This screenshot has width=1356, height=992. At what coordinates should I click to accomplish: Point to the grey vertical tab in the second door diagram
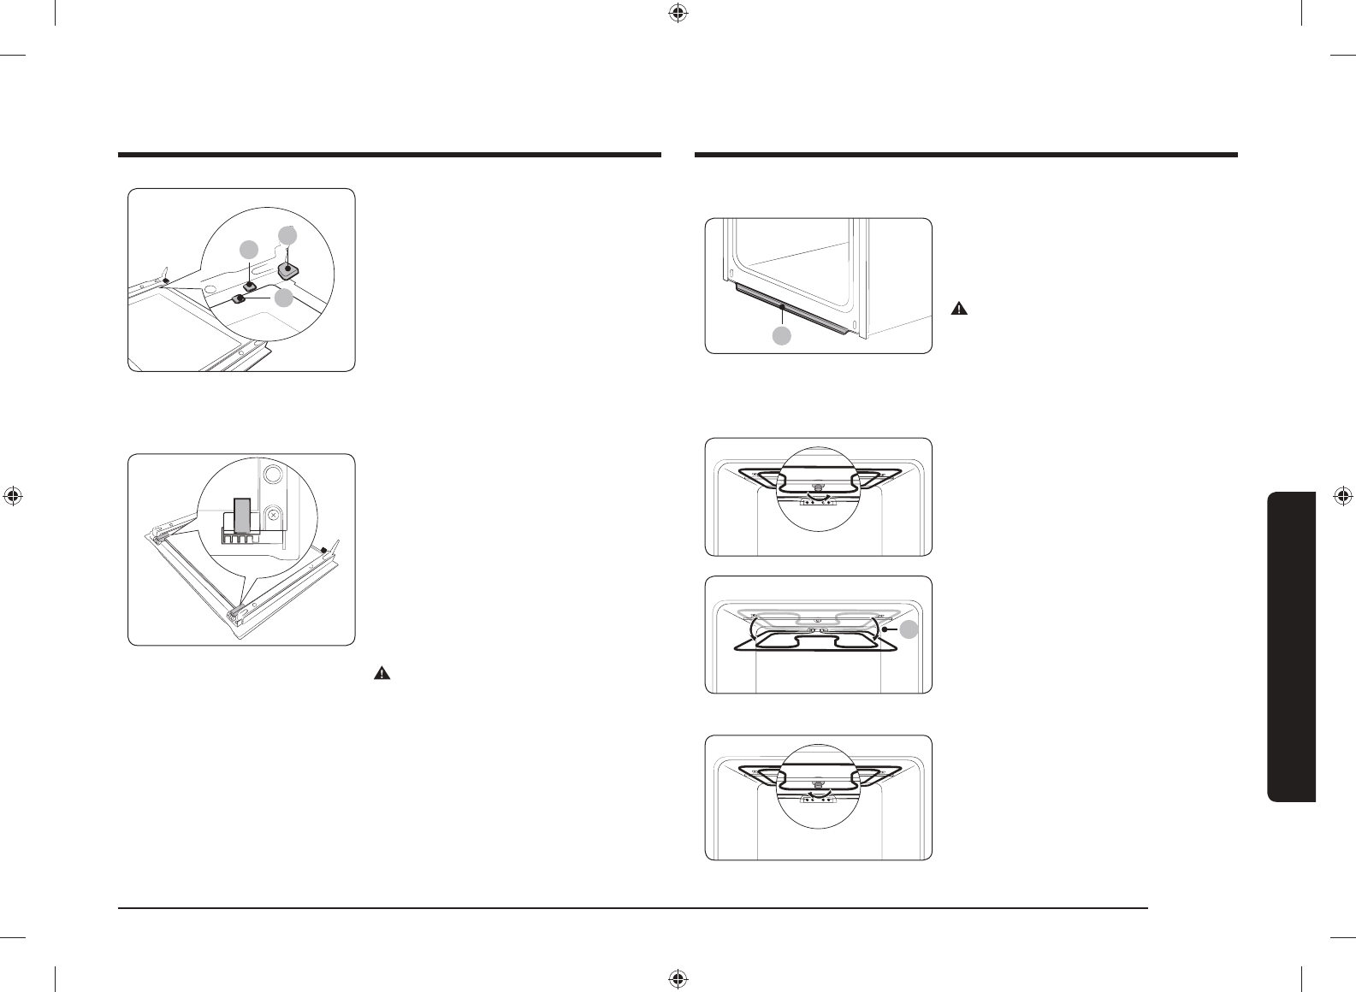(x=244, y=517)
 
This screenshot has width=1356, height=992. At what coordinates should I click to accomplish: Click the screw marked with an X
(x=273, y=515)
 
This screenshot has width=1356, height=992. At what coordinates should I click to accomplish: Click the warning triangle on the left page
(x=381, y=674)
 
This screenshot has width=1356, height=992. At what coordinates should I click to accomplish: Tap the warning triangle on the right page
(x=959, y=310)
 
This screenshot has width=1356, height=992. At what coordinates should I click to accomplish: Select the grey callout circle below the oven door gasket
(x=782, y=336)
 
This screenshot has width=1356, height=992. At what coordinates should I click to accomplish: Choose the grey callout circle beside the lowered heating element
(x=909, y=629)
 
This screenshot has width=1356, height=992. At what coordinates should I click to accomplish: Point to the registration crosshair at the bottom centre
(x=677, y=977)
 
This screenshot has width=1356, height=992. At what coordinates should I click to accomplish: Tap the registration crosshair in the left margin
(x=12, y=495)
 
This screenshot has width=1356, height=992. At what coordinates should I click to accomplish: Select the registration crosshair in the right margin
(x=1343, y=495)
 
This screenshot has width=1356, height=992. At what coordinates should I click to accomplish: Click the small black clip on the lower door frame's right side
(x=323, y=550)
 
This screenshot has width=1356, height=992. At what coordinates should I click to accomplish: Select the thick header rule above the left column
(x=389, y=155)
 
